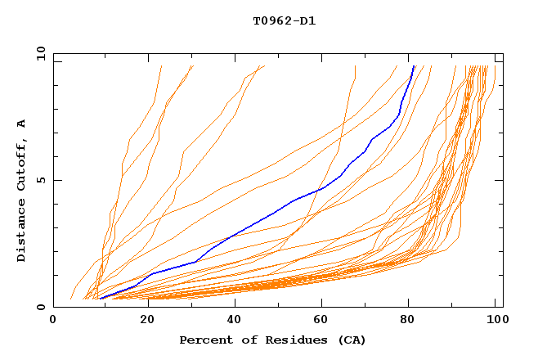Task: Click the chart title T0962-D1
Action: point(284,21)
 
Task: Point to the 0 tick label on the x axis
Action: point(53,321)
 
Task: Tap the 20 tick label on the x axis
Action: point(142,321)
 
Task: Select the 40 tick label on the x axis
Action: point(231,321)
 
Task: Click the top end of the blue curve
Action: point(415,66)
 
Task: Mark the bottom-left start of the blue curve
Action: point(99,299)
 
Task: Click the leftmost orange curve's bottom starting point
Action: point(71,299)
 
